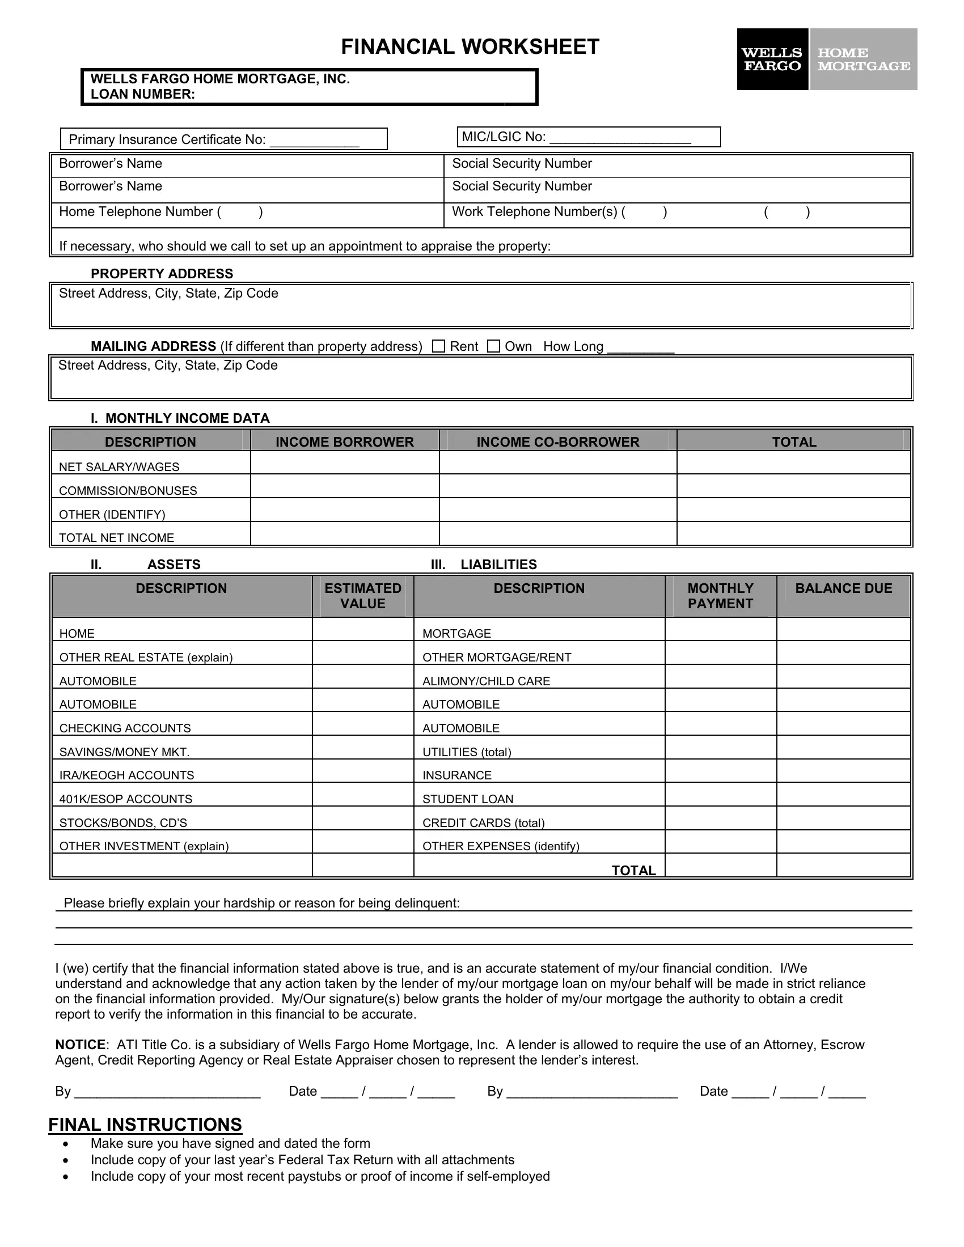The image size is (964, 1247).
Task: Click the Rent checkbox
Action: coord(438,346)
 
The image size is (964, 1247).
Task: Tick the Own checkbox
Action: coord(493,346)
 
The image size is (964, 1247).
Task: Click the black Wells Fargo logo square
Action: coord(772,60)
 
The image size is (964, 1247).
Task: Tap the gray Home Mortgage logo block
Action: coord(864,60)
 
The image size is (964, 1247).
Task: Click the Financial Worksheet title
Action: coord(470,47)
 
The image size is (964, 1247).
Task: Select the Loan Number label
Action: coord(143,94)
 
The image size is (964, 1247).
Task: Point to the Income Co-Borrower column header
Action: coord(558,442)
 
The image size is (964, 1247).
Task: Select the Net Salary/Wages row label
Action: coord(119,467)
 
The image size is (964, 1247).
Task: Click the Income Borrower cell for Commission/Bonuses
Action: coord(345,486)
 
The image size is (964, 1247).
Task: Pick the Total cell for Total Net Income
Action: coord(794,533)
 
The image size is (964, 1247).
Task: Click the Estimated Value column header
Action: coord(363,596)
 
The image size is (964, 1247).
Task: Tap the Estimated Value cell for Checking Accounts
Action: coord(363,723)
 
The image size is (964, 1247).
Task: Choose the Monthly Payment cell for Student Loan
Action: coord(721,794)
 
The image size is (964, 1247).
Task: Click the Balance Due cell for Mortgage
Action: coord(844,629)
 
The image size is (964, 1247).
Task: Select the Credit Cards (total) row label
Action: coord(483,823)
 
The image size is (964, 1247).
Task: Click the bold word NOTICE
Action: coord(80,1045)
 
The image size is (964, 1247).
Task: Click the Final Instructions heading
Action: coord(145,1124)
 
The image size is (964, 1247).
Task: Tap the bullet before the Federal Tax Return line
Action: coord(67,1161)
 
